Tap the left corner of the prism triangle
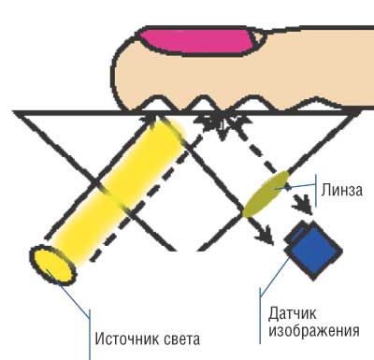pyautogui.click(x=17, y=113)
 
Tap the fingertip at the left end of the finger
pyautogui.click(x=117, y=56)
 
